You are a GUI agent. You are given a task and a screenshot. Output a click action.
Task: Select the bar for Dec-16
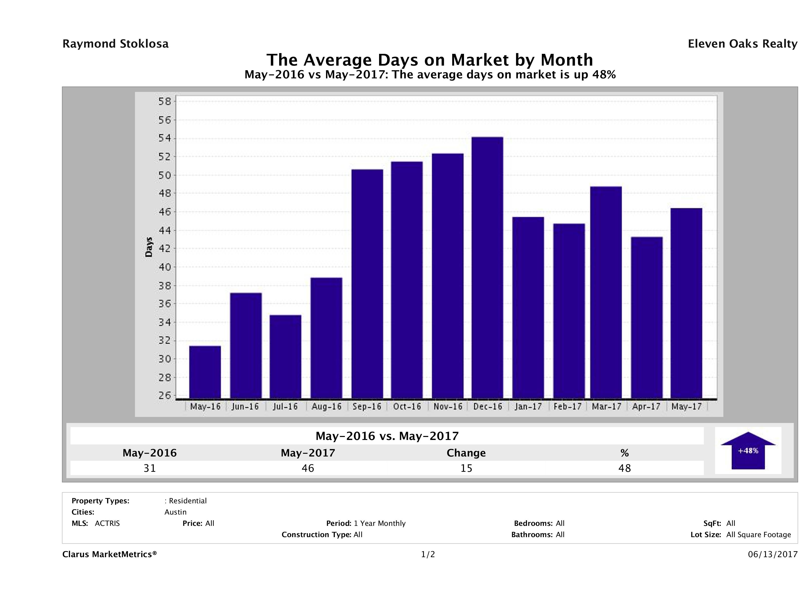coord(487,267)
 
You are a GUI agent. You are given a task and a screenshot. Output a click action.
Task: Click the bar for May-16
coord(205,372)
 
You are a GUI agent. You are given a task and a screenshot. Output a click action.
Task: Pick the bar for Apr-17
coord(647,318)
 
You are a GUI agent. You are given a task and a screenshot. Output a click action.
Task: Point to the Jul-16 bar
coord(285,357)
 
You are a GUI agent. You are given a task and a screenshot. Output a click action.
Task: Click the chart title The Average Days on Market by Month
coord(430,60)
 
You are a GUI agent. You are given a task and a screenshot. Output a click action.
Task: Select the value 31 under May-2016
coord(150,468)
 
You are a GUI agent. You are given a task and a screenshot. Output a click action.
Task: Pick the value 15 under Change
coord(466,468)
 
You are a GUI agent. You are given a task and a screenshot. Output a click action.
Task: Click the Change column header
coord(466,453)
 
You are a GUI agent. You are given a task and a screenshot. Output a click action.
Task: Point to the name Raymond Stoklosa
coord(115,44)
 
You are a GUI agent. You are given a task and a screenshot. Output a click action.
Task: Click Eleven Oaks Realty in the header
coord(742,44)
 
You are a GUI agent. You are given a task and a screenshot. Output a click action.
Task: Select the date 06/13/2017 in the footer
coord(772,554)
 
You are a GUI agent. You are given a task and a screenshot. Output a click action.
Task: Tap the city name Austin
coord(175,512)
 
